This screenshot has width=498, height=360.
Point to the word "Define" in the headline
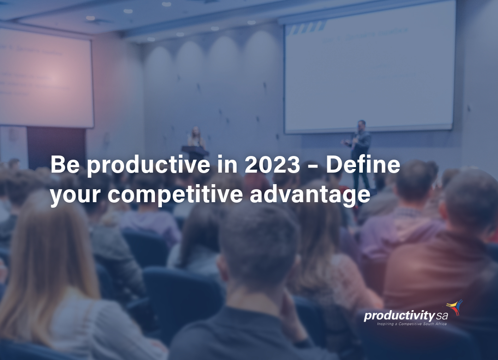tap(363, 165)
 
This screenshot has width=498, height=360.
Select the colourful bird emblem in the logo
tap(455, 307)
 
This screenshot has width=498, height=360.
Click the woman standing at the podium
tap(196, 137)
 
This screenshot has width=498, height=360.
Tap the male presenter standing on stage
tap(360, 148)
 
